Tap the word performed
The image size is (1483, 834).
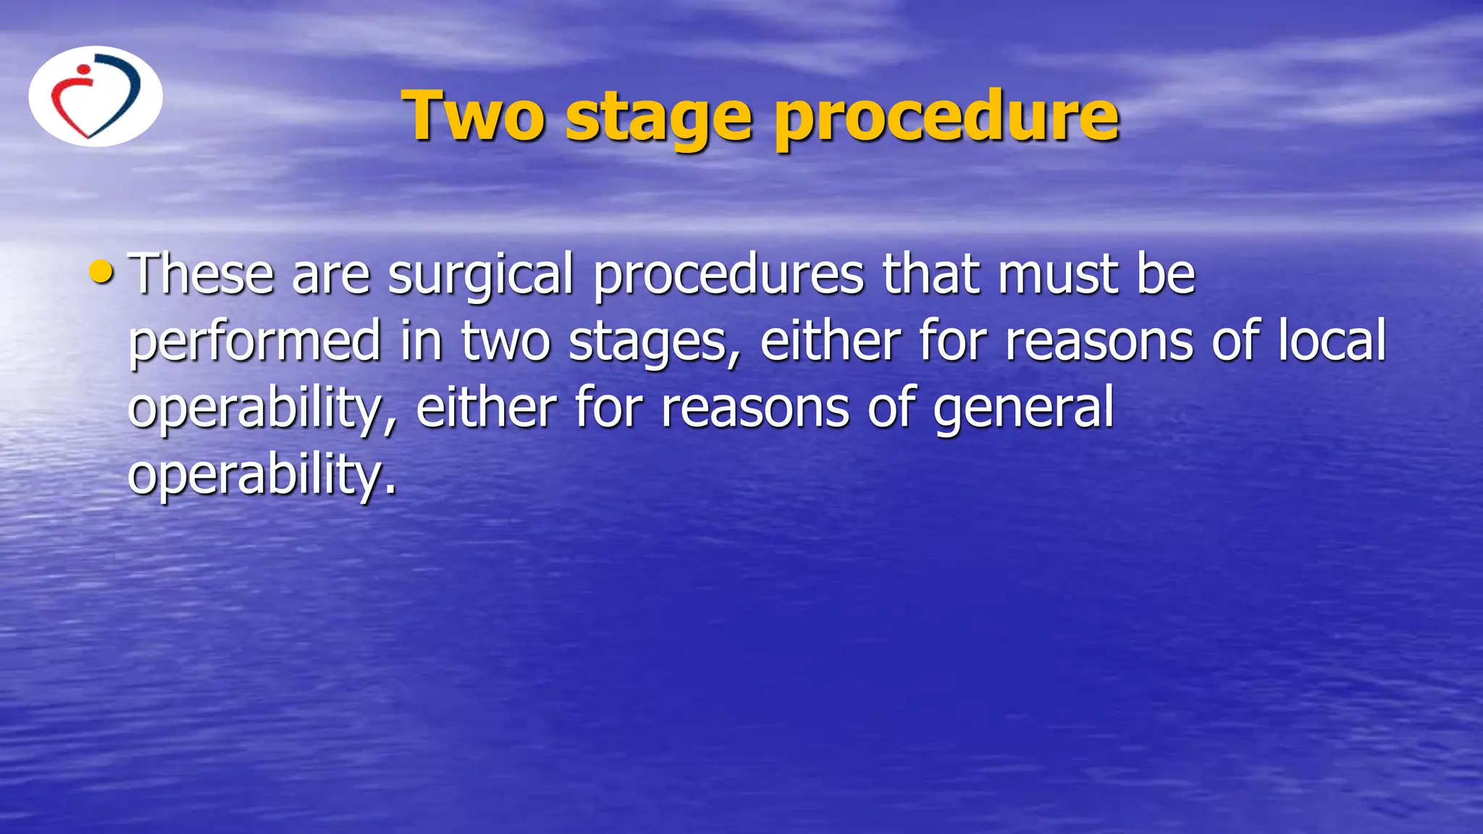point(254,342)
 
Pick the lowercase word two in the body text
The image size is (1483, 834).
point(505,342)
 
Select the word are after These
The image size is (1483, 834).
point(331,275)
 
